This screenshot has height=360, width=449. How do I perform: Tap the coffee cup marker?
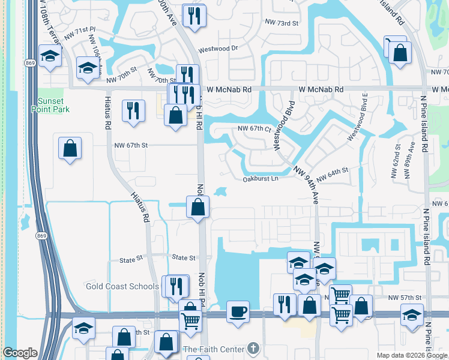tap(238, 312)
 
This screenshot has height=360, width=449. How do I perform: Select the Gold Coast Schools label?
tap(122, 286)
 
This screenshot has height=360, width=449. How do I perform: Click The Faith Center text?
tap(214, 349)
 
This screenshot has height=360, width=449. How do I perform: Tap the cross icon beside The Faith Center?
tap(254, 349)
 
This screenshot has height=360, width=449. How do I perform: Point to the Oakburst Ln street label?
tap(261, 178)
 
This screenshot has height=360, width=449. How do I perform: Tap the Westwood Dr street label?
tap(218, 49)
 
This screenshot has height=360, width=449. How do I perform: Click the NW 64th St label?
tap(332, 175)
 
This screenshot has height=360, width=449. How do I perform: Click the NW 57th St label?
tap(402, 298)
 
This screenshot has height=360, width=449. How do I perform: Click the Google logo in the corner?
tap(20, 353)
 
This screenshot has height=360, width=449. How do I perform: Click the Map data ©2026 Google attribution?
tap(411, 355)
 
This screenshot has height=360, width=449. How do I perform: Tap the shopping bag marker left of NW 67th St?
tap(70, 148)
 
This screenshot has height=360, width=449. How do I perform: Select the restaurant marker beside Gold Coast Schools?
tap(176, 287)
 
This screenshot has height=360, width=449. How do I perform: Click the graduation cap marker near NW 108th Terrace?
tap(49, 56)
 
